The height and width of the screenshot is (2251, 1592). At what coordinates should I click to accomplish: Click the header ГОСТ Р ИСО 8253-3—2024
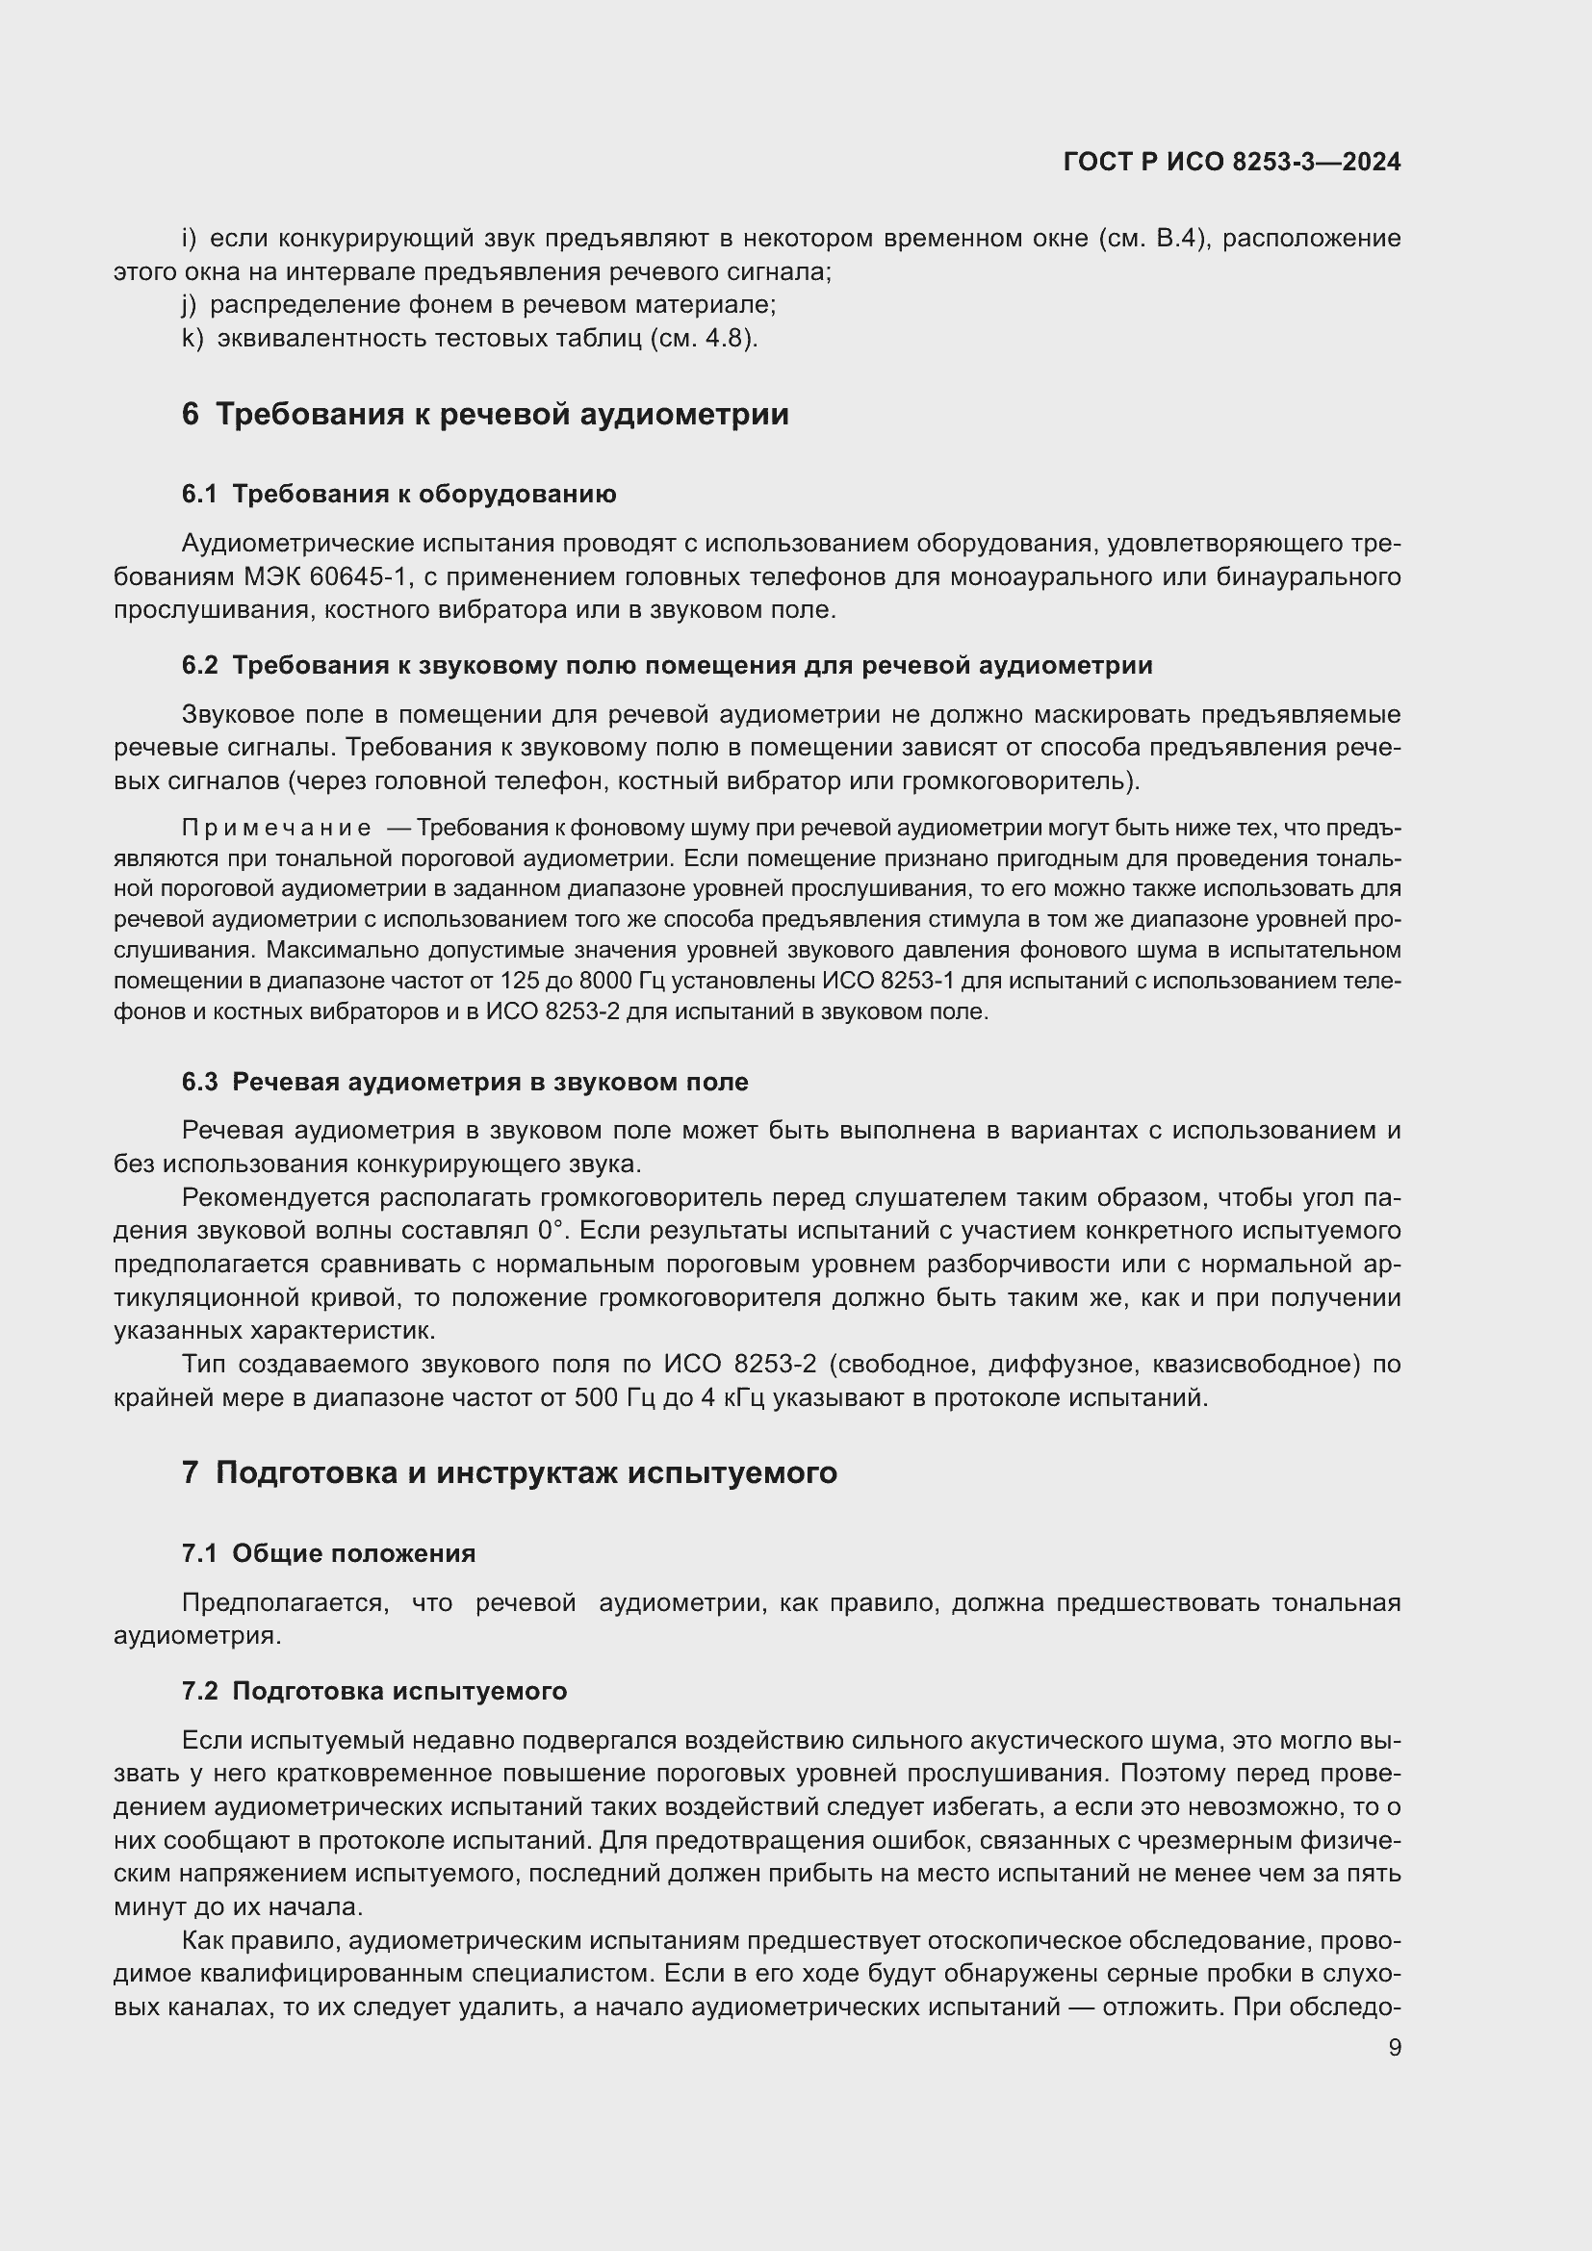click(x=1231, y=163)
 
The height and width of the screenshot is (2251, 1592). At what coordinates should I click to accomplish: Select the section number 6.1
click(x=199, y=494)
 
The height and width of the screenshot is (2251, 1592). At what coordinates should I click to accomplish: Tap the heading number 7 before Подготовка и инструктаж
click(x=191, y=1472)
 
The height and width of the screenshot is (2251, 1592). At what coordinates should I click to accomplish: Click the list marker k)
click(x=193, y=338)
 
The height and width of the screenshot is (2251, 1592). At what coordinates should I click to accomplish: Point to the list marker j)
click(x=190, y=305)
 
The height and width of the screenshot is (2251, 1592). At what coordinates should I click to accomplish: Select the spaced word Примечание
click(x=276, y=829)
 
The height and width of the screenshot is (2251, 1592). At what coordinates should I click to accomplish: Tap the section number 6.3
click(x=199, y=1083)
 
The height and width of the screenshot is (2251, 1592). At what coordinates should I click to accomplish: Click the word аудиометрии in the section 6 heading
click(x=683, y=414)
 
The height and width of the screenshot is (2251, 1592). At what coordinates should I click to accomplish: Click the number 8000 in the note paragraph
click(x=612, y=981)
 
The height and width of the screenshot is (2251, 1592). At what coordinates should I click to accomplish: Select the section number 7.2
click(x=199, y=1691)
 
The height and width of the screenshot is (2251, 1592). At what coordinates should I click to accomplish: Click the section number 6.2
click(x=199, y=666)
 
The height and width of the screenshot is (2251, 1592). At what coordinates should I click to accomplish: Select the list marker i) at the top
click(x=190, y=239)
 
